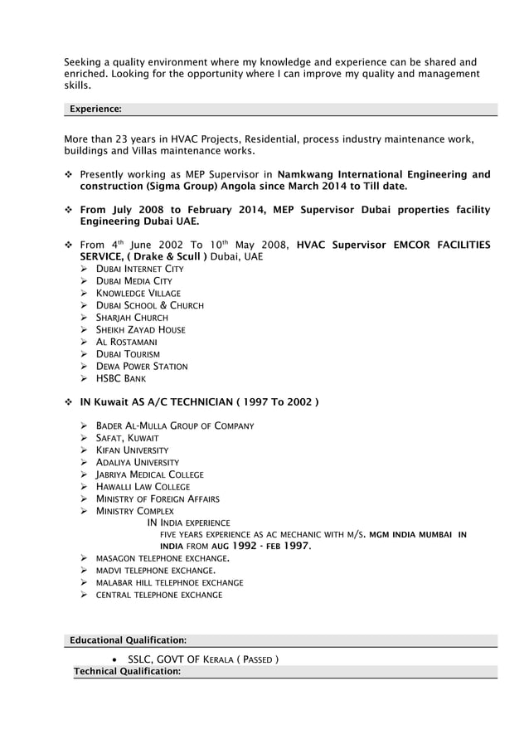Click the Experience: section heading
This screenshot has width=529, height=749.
(x=95, y=109)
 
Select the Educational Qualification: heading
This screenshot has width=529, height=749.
(x=128, y=640)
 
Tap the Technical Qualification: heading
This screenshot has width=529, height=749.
(x=127, y=671)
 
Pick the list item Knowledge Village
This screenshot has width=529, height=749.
(x=138, y=294)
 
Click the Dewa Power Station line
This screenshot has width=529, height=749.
(x=143, y=367)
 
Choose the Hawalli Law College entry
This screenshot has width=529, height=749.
(x=143, y=487)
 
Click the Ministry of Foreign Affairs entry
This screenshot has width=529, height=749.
(x=158, y=499)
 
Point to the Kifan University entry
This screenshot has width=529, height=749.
(x=133, y=450)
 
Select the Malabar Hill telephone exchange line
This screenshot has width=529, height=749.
(x=170, y=583)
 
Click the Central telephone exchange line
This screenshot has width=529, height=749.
(x=159, y=596)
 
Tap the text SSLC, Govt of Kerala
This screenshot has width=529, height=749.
(x=203, y=659)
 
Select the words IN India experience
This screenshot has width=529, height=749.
(x=188, y=523)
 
